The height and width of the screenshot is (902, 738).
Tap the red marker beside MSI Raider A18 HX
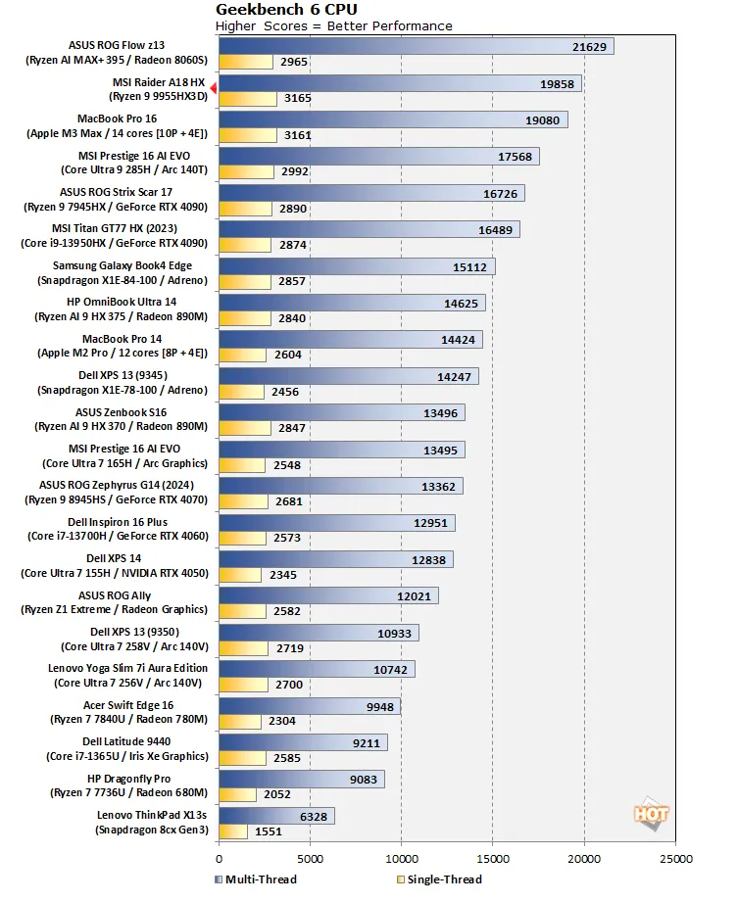click(214, 88)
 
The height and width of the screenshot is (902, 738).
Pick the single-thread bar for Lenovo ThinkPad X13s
click(232, 831)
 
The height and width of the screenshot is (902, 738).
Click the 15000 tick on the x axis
click(492, 859)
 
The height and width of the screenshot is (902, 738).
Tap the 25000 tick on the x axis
click(674, 859)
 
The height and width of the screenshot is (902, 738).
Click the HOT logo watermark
click(651, 813)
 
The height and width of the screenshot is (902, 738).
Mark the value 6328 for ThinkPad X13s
click(311, 815)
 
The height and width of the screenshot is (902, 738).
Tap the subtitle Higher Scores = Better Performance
click(334, 25)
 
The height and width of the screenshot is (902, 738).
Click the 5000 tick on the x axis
click(310, 859)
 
